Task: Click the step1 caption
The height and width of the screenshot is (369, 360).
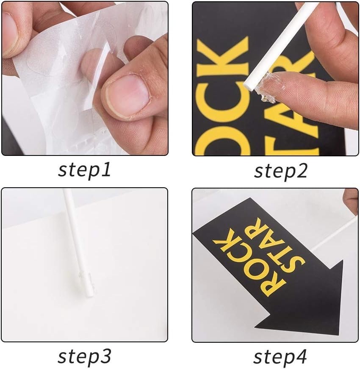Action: point(84,170)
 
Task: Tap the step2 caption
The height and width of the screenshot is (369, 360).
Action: point(281,172)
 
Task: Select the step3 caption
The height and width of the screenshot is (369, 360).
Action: point(84,357)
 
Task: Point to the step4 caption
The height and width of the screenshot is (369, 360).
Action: point(280,357)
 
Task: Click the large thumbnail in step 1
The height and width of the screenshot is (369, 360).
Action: point(127,96)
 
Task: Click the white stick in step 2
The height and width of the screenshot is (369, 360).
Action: point(280,47)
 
